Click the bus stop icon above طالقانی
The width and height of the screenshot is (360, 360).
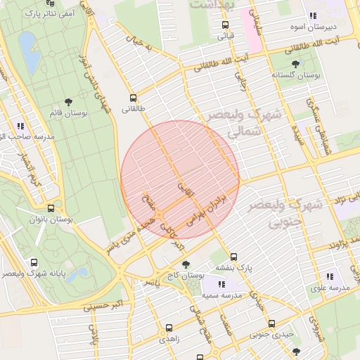(134, 98)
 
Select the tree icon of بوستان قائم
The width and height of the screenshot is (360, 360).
(68, 103)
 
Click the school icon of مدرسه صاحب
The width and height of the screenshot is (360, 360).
(20, 126)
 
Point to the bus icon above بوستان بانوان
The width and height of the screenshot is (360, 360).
(51, 209)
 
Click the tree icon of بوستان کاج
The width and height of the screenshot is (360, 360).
(186, 265)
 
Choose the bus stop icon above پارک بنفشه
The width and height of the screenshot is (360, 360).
(233, 257)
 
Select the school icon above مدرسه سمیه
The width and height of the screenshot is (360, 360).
(221, 285)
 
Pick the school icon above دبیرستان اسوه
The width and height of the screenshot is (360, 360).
(313, 15)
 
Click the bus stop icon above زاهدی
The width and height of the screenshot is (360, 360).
(168, 328)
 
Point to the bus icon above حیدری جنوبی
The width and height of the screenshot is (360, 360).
(271, 323)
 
